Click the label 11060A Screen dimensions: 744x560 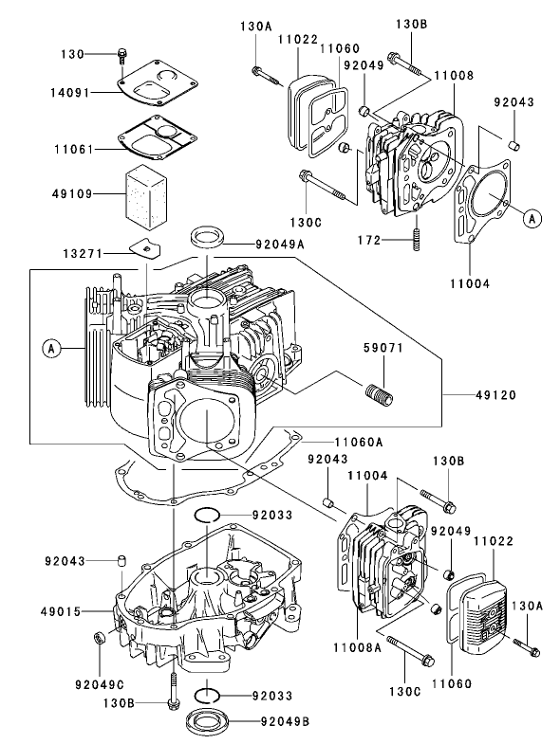358,441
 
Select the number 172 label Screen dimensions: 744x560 369,241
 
